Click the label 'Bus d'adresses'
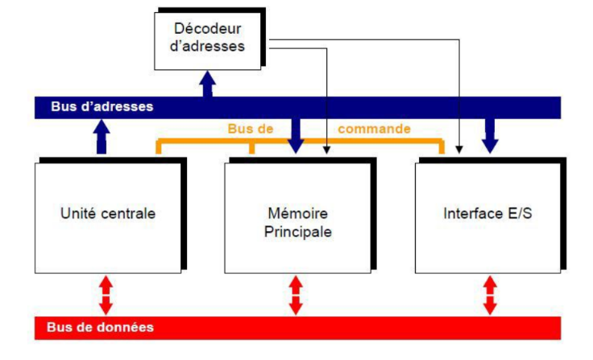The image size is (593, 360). [x=102, y=106]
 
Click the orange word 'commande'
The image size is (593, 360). [x=374, y=129]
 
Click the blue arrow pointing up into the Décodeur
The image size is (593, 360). [x=208, y=83]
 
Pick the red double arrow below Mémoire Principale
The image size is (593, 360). [x=296, y=295]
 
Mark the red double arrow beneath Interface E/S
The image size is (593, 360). [x=489, y=295]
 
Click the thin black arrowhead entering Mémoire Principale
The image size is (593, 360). [x=326, y=150]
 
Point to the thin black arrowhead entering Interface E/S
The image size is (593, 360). [x=459, y=150]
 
